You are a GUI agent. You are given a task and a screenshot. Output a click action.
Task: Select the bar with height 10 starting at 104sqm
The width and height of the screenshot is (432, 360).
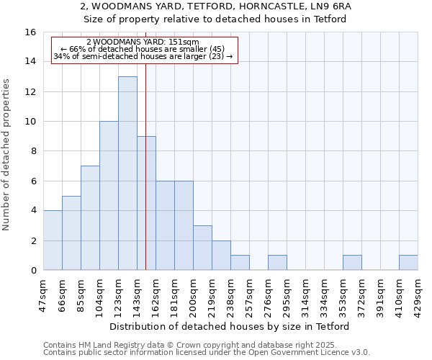point(109,196)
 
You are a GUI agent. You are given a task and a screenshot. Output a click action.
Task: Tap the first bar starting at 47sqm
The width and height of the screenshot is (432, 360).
point(53,240)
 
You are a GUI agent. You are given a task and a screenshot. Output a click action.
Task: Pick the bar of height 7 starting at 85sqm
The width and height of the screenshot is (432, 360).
point(90,218)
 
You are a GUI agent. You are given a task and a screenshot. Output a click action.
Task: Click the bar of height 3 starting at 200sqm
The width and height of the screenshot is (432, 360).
point(202,248)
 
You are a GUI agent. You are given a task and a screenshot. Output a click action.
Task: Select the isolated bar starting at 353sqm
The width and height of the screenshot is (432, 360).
point(352,263)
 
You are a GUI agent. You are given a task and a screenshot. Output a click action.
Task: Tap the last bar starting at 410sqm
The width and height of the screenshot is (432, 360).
point(408,263)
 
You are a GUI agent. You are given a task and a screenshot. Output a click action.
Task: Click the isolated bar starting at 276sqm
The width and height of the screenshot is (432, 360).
point(277,263)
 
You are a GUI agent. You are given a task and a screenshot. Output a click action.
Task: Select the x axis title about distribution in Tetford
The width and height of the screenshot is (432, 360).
point(230,327)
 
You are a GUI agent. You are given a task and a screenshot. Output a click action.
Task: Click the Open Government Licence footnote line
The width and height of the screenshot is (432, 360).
point(207,353)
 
